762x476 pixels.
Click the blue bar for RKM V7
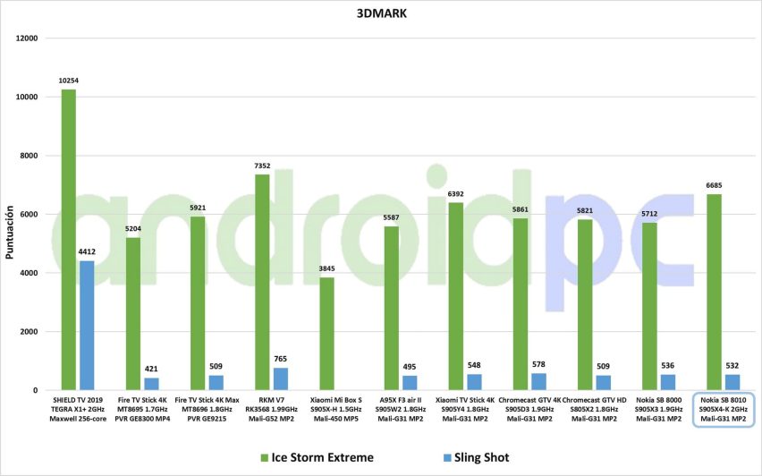pyautogui.click(x=281, y=379)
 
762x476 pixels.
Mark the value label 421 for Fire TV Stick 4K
pyautogui.click(x=151, y=369)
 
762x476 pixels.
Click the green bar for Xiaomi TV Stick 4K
pyautogui.click(x=455, y=296)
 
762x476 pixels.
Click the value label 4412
pyautogui.click(x=87, y=252)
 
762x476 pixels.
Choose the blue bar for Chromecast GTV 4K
pyautogui.click(x=538, y=382)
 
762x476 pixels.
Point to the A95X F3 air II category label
pyautogui.click(x=401, y=409)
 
